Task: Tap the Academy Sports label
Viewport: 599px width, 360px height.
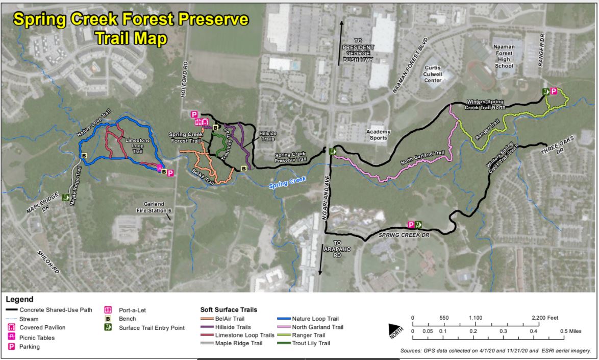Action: pyautogui.click(x=378, y=134)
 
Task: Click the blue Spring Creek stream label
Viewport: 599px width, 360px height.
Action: pyautogui.click(x=287, y=182)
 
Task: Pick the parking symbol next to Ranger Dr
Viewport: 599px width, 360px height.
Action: pyautogui.click(x=553, y=91)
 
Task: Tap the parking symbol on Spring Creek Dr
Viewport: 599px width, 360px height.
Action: pyautogui.click(x=411, y=224)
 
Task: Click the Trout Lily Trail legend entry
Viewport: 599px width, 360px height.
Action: pyautogui.click(x=311, y=343)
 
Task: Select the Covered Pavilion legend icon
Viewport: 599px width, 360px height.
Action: pyautogui.click(x=11, y=327)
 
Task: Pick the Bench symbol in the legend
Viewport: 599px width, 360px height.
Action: pyautogui.click(x=108, y=319)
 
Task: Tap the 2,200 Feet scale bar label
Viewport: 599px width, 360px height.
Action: pyautogui.click(x=546, y=318)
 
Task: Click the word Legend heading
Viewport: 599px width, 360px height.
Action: pyautogui.click(x=19, y=299)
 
